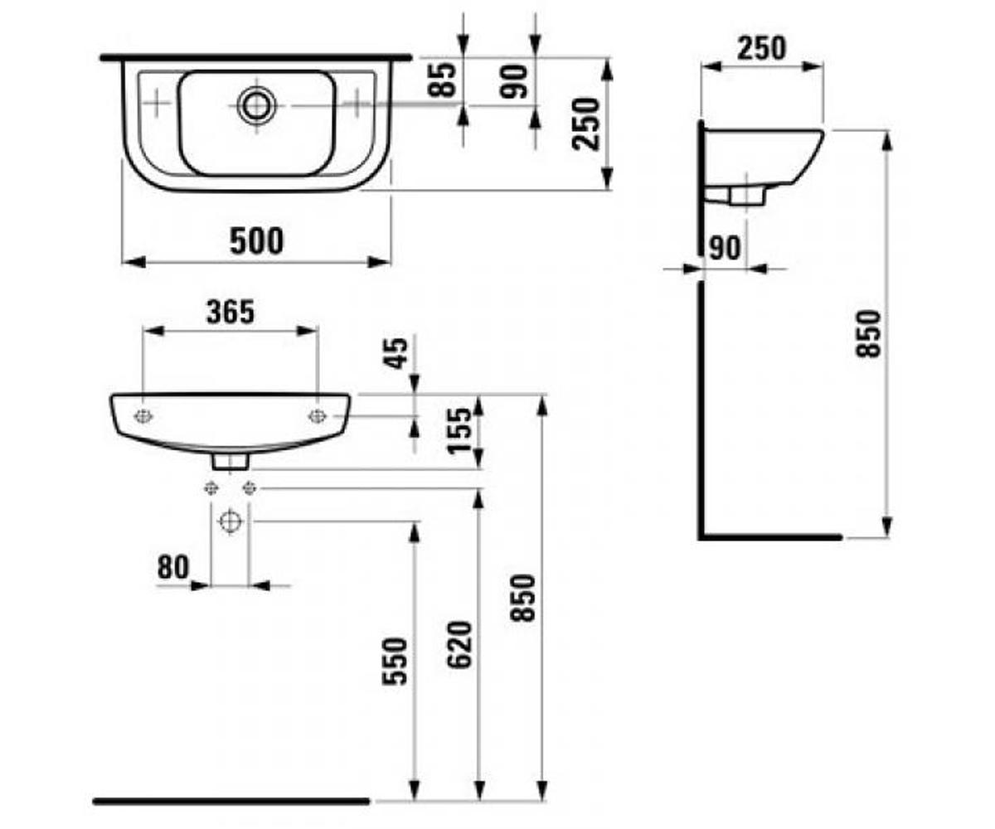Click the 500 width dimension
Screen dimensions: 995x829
coord(256,241)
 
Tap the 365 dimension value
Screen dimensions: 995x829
coord(231,313)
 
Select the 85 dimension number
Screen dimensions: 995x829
coord(442,80)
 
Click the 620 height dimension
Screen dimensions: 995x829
coord(459,645)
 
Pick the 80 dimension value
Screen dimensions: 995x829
coord(173,567)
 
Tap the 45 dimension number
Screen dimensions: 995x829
coord(396,353)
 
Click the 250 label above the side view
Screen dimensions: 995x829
coord(761,49)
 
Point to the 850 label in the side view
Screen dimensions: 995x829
coord(869,333)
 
